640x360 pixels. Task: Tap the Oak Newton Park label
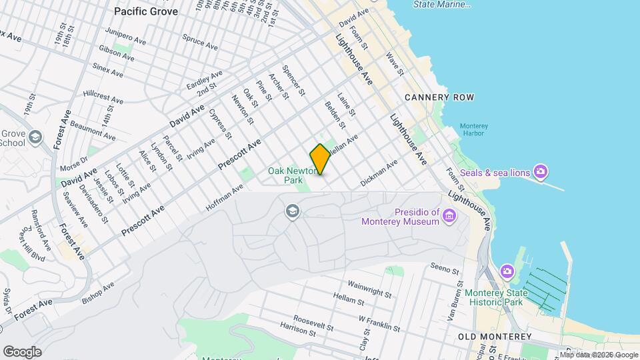click(x=291, y=175)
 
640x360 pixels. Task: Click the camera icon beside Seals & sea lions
click(x=541, y=173)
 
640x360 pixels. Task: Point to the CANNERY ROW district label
click(x=439, y=97)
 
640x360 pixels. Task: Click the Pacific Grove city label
click(x=146, y=11)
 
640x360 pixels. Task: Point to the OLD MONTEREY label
click(x=495, y=337)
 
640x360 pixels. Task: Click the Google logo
click(x=21, y=351)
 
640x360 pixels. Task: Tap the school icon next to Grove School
click(x=35, y=137)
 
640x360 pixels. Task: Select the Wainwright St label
click(x=369, y=287)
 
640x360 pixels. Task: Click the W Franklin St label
click(x=379, y=323)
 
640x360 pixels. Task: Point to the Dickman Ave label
click(x=379, y=171)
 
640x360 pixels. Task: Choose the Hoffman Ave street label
click(x=225, y=198)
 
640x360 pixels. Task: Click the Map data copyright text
click(x=599, y=355)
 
